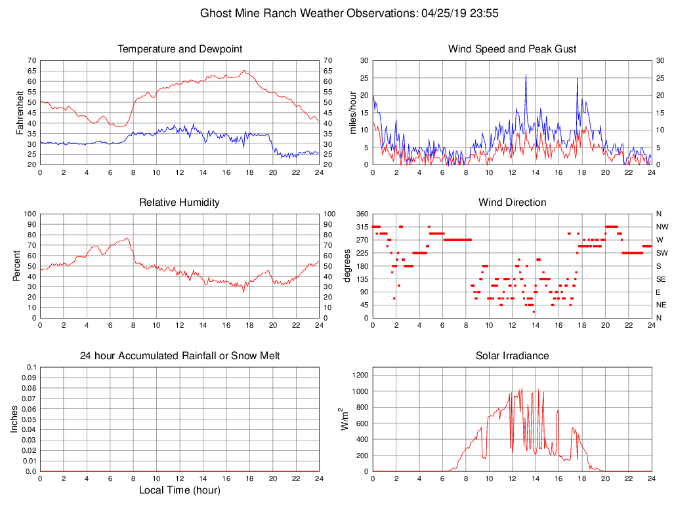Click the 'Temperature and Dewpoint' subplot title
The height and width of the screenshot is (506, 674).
[180, 49]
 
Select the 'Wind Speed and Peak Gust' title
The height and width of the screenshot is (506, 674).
[513, 49]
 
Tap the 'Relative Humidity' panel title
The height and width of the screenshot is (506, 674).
[180, 203]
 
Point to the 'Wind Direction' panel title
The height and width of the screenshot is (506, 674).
[513, 203]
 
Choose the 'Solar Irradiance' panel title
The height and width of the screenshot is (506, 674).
[513, 356]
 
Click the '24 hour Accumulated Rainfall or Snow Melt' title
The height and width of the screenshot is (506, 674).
[180, 356]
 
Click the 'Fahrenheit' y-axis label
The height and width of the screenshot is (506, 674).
[20, 112]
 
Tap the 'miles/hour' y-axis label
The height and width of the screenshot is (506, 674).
[352, 112]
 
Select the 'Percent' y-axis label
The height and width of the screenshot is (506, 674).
[18, 265]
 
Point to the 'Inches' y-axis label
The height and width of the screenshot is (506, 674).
[14, 419]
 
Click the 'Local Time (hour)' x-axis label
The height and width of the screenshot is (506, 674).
[180, 490]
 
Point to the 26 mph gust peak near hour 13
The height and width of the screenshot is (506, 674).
[526, 75]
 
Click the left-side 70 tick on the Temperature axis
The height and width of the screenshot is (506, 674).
[32, 60]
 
